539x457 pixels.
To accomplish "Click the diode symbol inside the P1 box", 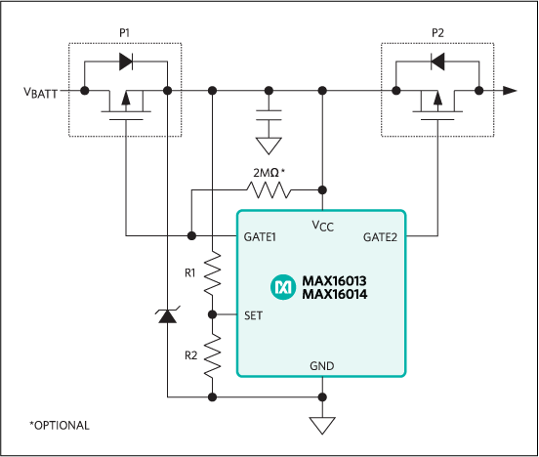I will pyautogui.click(x=125, y=62).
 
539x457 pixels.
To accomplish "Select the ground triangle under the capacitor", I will pyautogui.click(x=268, y=146).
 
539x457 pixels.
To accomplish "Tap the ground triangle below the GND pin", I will pyautogui.click(x=321, y=425).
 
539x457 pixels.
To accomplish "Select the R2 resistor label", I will pyautogui.click(x=190, y=353).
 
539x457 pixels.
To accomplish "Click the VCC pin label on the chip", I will pyautogui.click(x=322, y=226).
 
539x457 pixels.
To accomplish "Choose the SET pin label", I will pyautogui.click(x=253, y=315).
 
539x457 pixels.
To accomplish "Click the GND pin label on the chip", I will pyautogui.click(x=321, y=365).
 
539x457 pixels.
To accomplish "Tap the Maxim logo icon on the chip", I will pyautogui.click(x=283, y=287).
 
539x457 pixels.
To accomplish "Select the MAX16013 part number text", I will pyautogui.click(x=334, y=281).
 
